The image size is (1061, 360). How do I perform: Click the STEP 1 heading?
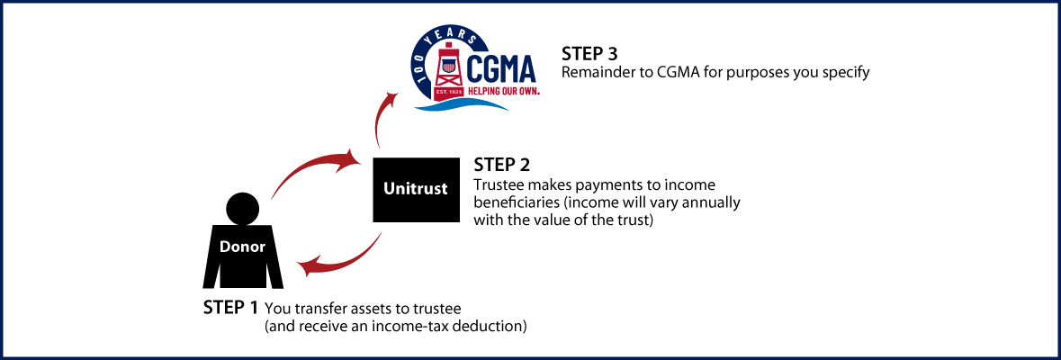[230, 308]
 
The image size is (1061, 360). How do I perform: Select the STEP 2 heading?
[501, 165]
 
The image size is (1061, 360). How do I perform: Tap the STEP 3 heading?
[589, 52]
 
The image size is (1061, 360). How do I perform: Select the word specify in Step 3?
[846, 72]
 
